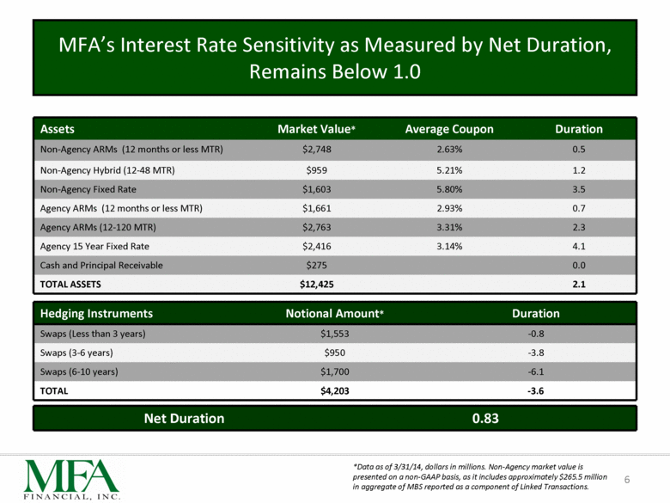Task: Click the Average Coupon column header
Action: [x=448, y=129]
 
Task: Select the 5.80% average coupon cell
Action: [x=448, y=189]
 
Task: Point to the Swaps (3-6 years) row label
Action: [x=76, y=353]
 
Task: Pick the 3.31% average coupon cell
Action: [x=448, y=227]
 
